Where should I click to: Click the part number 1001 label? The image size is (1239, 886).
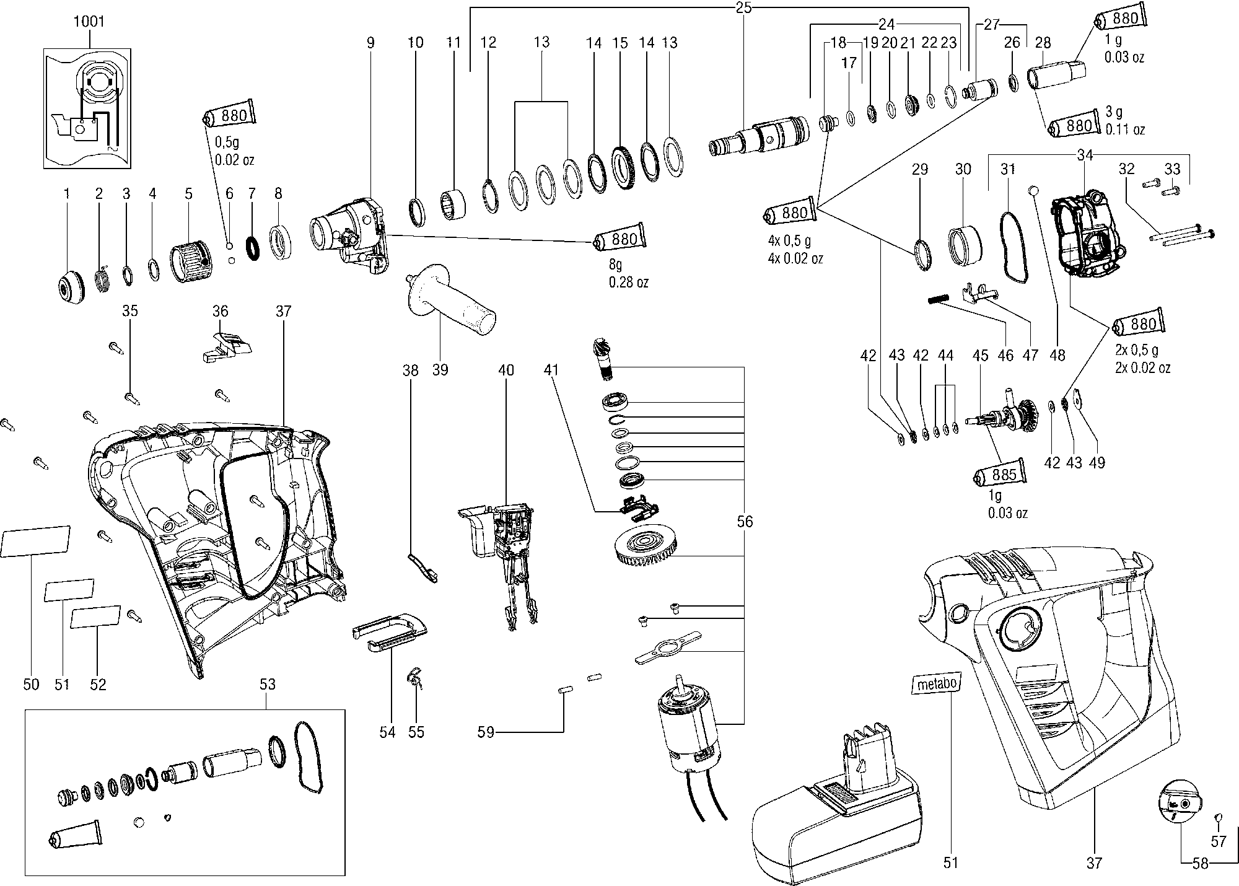pyautogui.click(x=89, y=22)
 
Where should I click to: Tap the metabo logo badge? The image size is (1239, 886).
pyautogui.click(x=937, y=684)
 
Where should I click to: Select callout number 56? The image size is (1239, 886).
pyautogui.click(x=745, y=522)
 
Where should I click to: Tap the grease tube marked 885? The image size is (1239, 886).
pyautogui.click(x=1000, y=475)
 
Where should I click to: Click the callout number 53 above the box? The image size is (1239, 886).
pyautogui.click(x=267, y=685)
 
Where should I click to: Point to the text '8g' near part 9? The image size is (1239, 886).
pyautogui.click(x=615, y=265)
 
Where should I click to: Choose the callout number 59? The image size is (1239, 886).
pyautogui.click(x=486, y=732)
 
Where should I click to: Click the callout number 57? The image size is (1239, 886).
pyautogui.click(x=1219, y=841)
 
